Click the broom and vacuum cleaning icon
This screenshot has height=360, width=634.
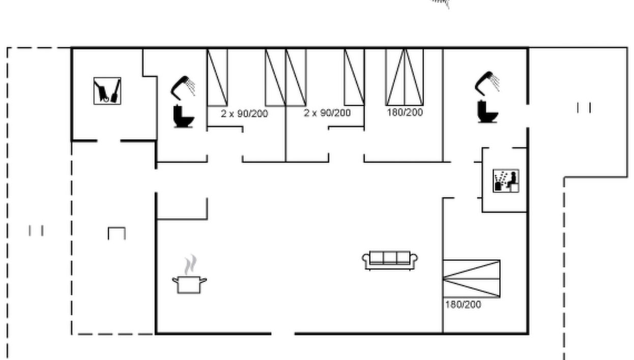click(x=107, y=91)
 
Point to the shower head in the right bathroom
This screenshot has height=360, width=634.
click(x=487, y=83)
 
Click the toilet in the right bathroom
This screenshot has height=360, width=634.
click(x=488, y=112)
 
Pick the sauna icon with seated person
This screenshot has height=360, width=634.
click(x=506, y=181)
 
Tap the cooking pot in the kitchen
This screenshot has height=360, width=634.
click(x=189, y=285)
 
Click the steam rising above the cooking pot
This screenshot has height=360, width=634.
click(x=190, y=265)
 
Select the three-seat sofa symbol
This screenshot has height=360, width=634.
click(x=390, y=260)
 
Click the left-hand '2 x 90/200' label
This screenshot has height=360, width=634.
click(x=245, y=114)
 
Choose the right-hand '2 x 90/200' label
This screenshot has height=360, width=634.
click(x=327, y=113)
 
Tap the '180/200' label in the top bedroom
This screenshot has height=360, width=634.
click(x=405, y=112)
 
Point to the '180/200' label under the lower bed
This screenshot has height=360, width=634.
click(x=463, y=305)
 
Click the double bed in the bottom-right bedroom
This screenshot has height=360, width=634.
click(x=472, y=279)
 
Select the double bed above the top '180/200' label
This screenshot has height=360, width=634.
click(x=405, y=77)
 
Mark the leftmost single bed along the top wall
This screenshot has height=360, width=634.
click(x=217, y=77)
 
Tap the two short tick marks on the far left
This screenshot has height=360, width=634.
click(x=36, y=230)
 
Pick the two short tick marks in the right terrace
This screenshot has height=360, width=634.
click(x=584, y=108)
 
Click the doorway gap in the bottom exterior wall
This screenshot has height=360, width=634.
click(x=283, y=334)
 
